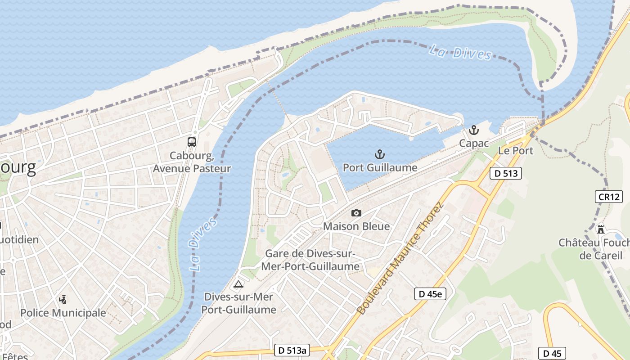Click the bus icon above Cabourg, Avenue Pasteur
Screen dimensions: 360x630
(192, 142)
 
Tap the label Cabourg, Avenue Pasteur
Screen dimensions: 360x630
(192, 162)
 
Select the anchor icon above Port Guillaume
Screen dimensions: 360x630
(380, 155)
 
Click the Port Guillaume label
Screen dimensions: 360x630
(380, 168)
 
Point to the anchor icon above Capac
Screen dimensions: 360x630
(473, 130)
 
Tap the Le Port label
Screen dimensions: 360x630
(516, 151)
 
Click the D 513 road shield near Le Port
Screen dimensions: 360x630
(506, 173)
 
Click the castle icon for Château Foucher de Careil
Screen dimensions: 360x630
(601, 229)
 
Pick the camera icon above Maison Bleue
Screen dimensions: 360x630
(356, 213)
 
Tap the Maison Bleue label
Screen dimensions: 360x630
(356, 226)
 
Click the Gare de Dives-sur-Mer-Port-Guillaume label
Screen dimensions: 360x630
(310, 260)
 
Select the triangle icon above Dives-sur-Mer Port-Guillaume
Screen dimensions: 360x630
(238, 284)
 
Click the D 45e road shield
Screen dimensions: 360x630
(430, 294)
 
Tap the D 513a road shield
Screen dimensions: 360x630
(292, 351)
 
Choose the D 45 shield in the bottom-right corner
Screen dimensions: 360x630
(552, 353)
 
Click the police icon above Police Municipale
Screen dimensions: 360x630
(63, 299)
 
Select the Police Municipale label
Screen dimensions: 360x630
(63, 313)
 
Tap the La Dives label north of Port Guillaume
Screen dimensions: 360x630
(460, 52)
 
